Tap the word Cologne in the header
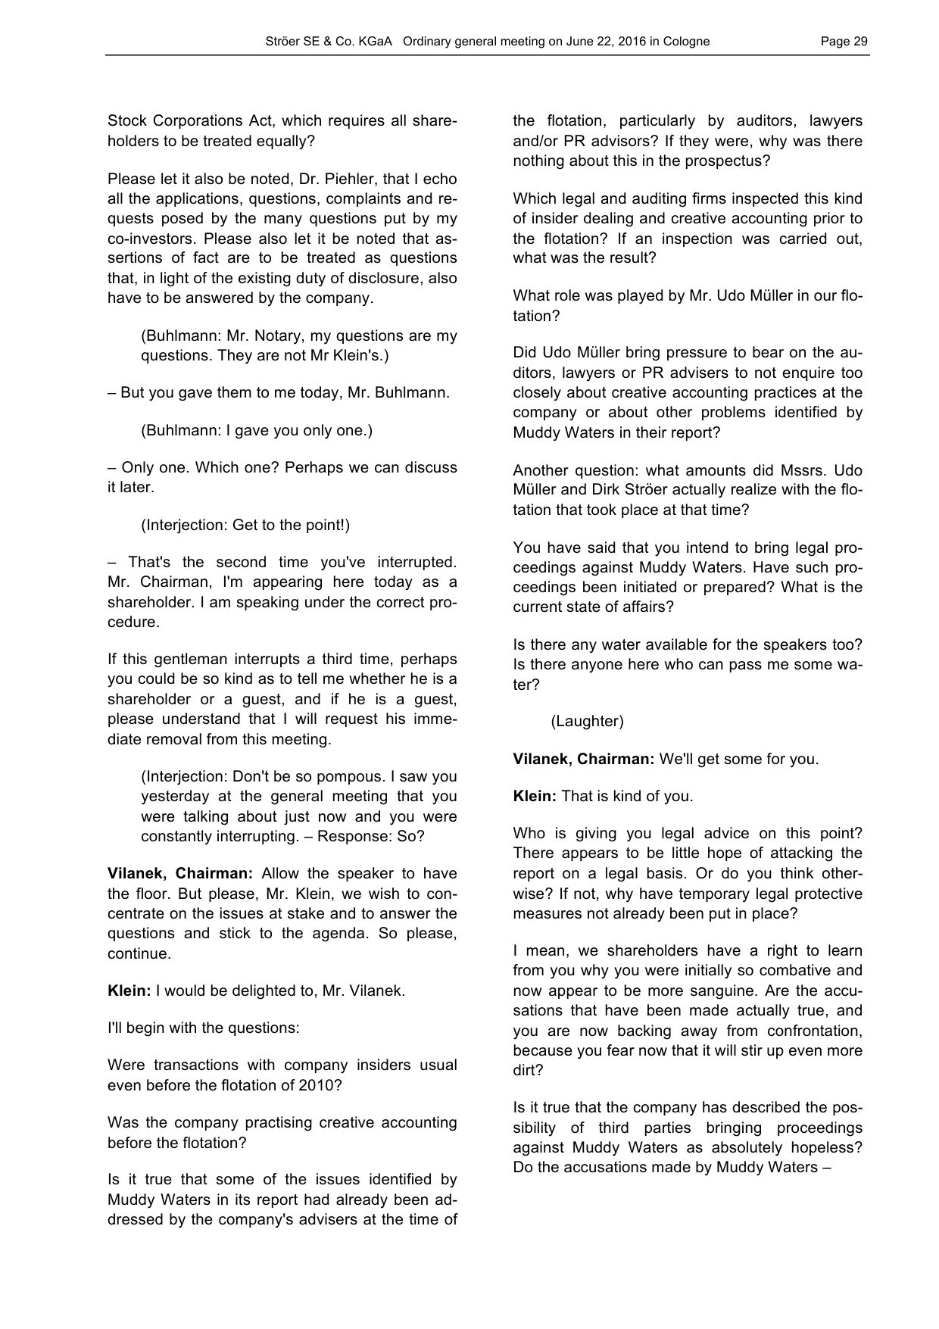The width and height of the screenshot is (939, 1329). (686, 42)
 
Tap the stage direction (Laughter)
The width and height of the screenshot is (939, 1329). (587, 721)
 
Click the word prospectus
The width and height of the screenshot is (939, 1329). (730, 161)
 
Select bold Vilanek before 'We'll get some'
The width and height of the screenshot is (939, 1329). (541, 759)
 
